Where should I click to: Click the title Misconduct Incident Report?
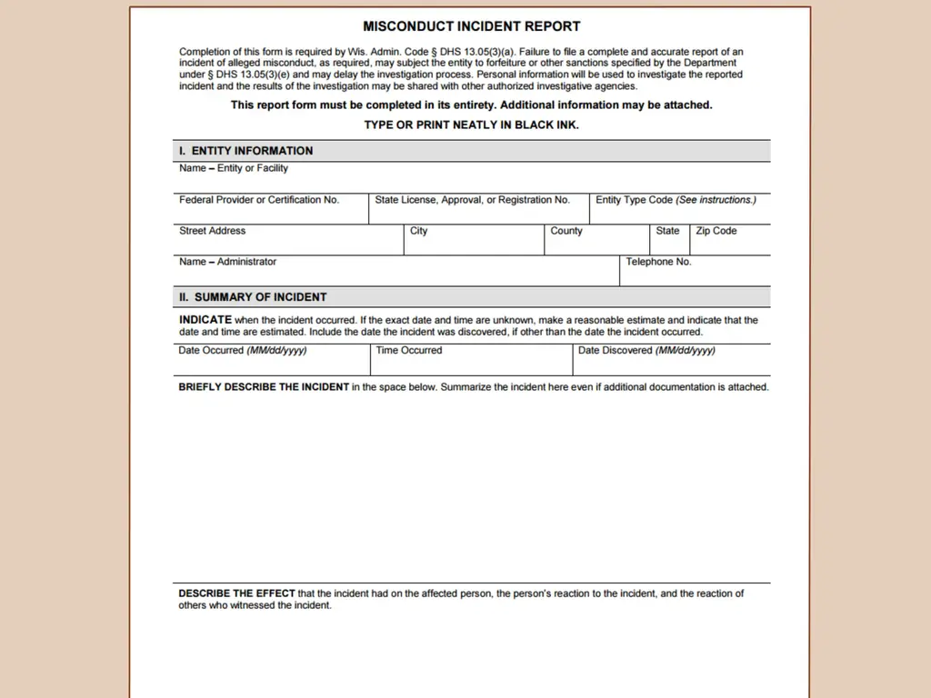click(x=471, y=26)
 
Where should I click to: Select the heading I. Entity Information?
click(x=245, y=151)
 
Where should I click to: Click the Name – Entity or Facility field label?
click(x=234, y=168)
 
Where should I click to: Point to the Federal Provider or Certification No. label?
click(x=259, y=200)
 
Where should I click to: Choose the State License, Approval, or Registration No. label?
click(x=472, y=200)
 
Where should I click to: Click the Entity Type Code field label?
click(x=676, y=200)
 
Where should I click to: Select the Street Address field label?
click(x=213, y=231)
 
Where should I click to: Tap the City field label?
click(x=418, y=231)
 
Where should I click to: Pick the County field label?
click(x=566, y=231)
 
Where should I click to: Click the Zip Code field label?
click(x=716, y=231)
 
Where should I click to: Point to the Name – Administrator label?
click(x=227, y=262)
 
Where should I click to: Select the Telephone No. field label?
click(x=658, y=262)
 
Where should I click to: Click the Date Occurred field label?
click(x=242, y=351)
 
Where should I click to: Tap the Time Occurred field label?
click(x=409, y=351)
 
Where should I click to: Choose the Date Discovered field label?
click(x=646, y=351)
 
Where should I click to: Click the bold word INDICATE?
click(x=205, y=320)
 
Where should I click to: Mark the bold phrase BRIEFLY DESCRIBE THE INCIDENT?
click(x=264, y=387)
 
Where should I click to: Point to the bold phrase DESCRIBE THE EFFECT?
click(x=236, y=593)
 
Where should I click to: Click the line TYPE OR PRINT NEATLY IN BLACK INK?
click(x=471, y=125)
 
